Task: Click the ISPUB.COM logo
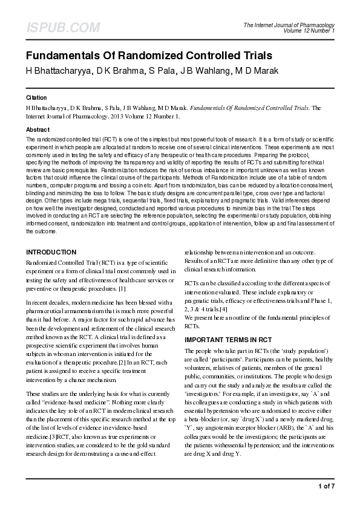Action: click(62, 27)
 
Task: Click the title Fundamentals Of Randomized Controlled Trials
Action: click(149, 56)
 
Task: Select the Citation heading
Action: click(36, 97)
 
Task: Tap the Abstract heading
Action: click(38, 130)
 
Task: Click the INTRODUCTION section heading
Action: click(51, 252)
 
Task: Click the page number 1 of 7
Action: click(326, 485)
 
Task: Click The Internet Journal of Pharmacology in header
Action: click(289, 25)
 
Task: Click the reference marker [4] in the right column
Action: click(223, 310)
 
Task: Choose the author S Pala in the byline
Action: click(162, 71)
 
